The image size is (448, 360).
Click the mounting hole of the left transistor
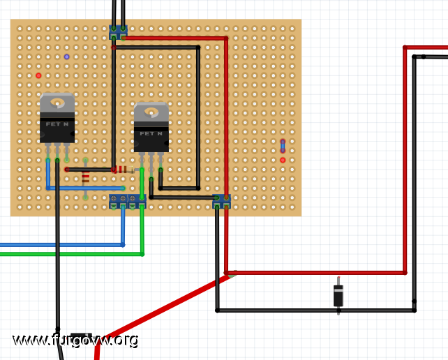[57, 103]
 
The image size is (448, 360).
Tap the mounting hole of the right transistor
[151, 112]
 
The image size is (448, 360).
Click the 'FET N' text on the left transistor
[57, 124]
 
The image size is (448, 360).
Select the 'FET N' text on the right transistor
[151, 133]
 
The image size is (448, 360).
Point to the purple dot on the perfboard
[66, 57]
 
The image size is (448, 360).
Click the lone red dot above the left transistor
[38, 75]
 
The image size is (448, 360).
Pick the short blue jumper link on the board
[283, 146]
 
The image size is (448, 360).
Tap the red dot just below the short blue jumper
[283, 160]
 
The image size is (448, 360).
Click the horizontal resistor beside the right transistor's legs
[124, 170]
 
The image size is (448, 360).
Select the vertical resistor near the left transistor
[85, 179]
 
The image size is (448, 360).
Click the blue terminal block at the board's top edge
[119, 33]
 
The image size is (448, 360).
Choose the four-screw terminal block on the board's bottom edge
[128, 202]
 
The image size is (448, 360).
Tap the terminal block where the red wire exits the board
[222, 202]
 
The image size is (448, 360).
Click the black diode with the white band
[338, 296]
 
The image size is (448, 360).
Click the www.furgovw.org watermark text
[75, 340]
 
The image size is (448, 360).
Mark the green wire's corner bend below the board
[142, 254]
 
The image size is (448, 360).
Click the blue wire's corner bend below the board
[123, 245]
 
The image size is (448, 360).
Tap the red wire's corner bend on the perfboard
[226, 38]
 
